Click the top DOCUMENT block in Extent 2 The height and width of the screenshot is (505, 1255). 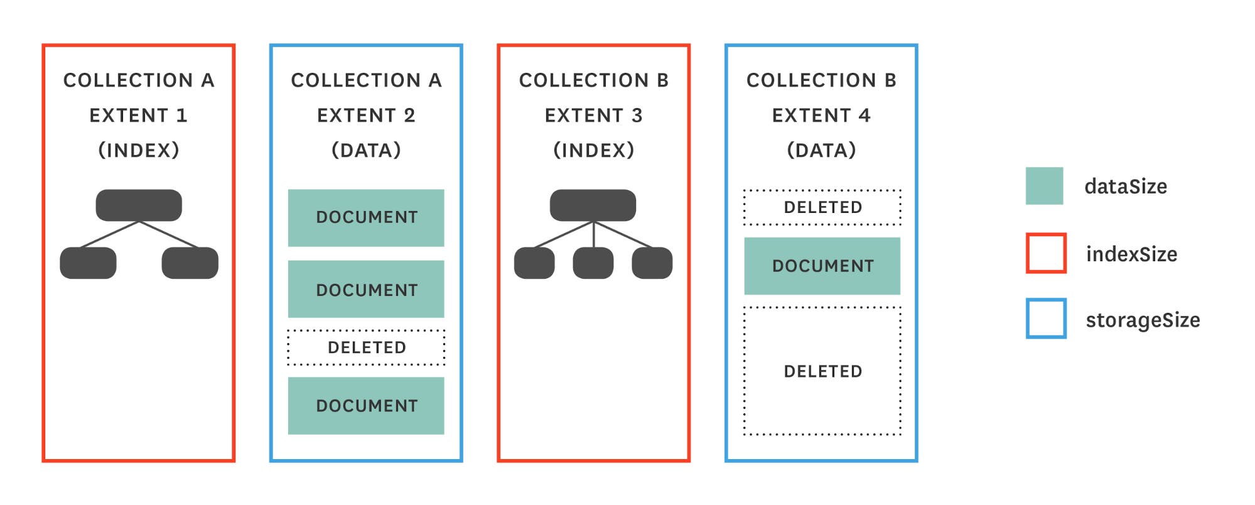tap(366, 217)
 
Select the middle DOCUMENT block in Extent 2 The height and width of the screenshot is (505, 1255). tap(366, 289)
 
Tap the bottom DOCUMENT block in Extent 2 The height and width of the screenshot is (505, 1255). tap(366, 405)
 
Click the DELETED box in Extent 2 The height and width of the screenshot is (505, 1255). tap(366, 347)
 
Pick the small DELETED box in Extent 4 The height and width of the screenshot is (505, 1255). tap(822, 207)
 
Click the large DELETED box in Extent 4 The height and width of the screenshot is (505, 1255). tap(822, 371)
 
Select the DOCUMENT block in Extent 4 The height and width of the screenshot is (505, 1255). tap(822, 266)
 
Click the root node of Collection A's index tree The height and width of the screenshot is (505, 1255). tap(139, 205)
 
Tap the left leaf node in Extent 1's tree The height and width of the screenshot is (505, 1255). tap(88, 263)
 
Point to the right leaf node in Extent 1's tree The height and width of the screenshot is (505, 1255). tap(190, 263)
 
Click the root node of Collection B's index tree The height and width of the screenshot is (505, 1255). tap(593, 205)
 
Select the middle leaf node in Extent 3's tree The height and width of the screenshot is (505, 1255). tap(593, 263)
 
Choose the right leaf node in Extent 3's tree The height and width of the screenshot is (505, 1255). tap(652, 263)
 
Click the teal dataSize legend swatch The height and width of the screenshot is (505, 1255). tap(1044, 186)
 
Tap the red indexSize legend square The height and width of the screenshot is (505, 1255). tap(1046, 253)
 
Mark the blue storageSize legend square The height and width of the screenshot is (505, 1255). tap(1046, 318)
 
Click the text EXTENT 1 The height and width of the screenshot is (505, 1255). tap(138, 116)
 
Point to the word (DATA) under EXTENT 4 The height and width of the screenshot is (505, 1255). tap(821, 150)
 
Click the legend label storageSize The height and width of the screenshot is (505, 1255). tap(1143, 320)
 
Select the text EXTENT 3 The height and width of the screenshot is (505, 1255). tap(593, 116)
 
